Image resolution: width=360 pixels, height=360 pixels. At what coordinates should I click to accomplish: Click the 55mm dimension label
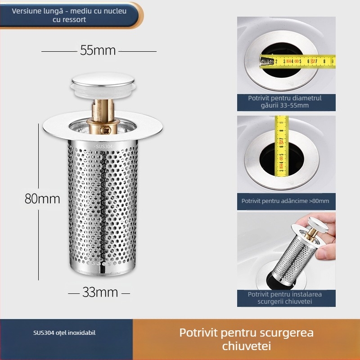98,50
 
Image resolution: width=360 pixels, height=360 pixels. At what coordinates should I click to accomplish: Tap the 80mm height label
42,198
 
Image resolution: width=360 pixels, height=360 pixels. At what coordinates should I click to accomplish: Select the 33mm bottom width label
100,292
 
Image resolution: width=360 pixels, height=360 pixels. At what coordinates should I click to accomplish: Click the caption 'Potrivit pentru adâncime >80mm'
285,201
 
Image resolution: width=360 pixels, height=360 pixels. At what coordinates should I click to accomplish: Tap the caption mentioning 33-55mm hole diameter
285,102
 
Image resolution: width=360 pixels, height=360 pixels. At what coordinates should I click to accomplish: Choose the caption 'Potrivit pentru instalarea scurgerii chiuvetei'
285,298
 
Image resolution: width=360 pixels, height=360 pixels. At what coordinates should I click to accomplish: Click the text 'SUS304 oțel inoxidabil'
64,333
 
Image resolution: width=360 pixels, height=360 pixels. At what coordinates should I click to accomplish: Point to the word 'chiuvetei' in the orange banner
246,346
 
